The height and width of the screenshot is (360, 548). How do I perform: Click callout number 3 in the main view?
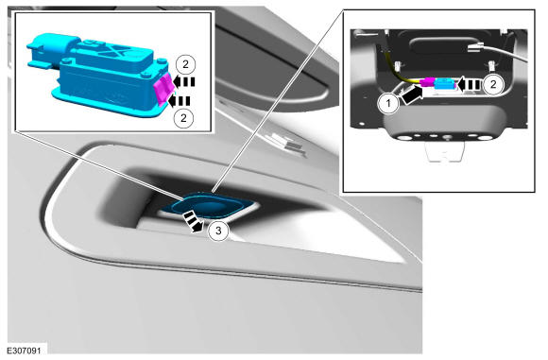pos(218,231)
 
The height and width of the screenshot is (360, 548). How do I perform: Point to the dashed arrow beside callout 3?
pos(193,222)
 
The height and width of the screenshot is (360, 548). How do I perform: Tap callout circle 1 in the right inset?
pos(388,103)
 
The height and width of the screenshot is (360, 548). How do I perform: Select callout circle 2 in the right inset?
pos(493,84)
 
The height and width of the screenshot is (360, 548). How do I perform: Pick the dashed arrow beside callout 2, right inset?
pos(470,85)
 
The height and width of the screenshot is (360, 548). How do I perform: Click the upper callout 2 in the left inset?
pos(185,64)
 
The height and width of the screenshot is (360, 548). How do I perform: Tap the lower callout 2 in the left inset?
pos(184,118)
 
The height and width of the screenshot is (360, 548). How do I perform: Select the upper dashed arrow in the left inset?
pos(184,82)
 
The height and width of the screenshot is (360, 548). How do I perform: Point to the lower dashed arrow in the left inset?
pos(180,101)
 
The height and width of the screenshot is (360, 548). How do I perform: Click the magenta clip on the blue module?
pos(163,88)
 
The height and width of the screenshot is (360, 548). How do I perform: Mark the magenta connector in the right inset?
pos(427,83)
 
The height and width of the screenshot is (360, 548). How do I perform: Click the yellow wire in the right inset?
pos(402,73)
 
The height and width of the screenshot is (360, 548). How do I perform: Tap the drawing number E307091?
pos(24,350)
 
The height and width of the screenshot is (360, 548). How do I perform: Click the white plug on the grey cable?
pos(476,46)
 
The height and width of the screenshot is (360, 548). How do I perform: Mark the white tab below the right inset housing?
pos(445,151)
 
